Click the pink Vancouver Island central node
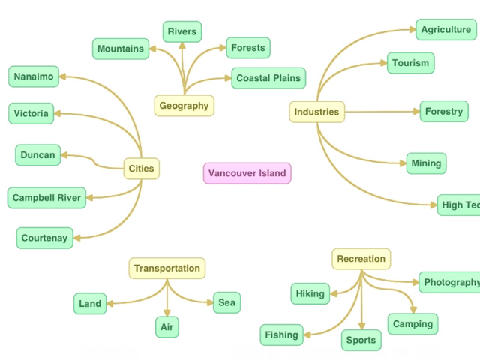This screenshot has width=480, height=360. tap(247, 173)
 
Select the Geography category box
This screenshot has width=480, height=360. tap(184, 106)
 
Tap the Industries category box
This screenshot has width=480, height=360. tap(316, 112)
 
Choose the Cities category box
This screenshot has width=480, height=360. tap(141, 169)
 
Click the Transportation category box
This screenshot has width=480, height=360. tap(166, 268)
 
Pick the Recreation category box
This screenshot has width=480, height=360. tap(361, 259)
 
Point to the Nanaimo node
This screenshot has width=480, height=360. tap(34, 76)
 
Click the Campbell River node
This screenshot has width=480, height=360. tap(46, 198)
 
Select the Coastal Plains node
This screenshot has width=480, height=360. tap(268, 78)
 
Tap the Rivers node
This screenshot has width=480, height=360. tap(181, 31)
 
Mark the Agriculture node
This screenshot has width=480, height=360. tap(446, 30)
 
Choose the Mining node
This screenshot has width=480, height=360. tap(426, 163)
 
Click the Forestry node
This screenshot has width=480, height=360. tap(444, 112)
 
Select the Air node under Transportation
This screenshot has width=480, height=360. tap(166, 327)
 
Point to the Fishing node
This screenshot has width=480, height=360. tap(281, 334)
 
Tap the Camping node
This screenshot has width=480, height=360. tap(412, 324)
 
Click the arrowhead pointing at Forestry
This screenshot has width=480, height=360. tap(415, 112)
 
